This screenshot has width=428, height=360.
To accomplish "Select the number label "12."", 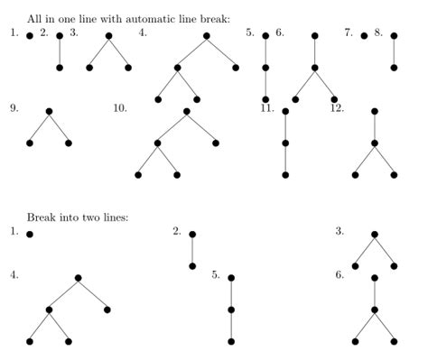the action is [x=337, y=108].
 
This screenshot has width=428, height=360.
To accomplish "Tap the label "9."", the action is [x=14, y=108].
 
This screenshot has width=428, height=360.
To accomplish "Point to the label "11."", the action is [x=267, y=108].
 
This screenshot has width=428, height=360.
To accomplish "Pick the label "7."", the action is [x=348, y=32].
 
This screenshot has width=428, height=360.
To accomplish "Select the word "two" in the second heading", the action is [x=88, y=217].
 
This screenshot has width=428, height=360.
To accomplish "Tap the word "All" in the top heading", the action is [x=34, y=18].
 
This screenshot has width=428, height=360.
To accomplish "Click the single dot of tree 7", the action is [x=364, y=36].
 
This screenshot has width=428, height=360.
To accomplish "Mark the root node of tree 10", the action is [x=186, y=112].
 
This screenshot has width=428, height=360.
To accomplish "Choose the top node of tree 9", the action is [x=49, y=112].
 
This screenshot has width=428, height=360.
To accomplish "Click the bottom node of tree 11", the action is [x=285, y=175].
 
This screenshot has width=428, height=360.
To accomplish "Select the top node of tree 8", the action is [x=394, y=36].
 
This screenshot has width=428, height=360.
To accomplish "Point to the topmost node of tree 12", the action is [x=375, y=112].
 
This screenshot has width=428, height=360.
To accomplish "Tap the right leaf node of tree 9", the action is [x=69, y=143].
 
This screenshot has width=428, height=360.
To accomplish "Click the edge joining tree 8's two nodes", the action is [x=394, y=51].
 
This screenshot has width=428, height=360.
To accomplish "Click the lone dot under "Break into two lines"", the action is [x=30, y=235].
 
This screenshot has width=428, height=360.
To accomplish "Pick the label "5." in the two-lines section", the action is [x=217, y=275].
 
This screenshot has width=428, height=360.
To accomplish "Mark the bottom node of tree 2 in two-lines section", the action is [x=192, y=266].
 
